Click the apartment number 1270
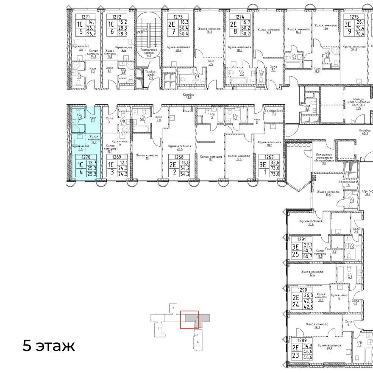click(x=86, y=156)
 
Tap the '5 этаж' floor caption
click(x=48, y=346)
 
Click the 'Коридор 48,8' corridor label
click(x=189, y=96)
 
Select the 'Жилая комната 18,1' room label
click(x=211, y=158)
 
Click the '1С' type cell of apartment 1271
click(x=78, y=23)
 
